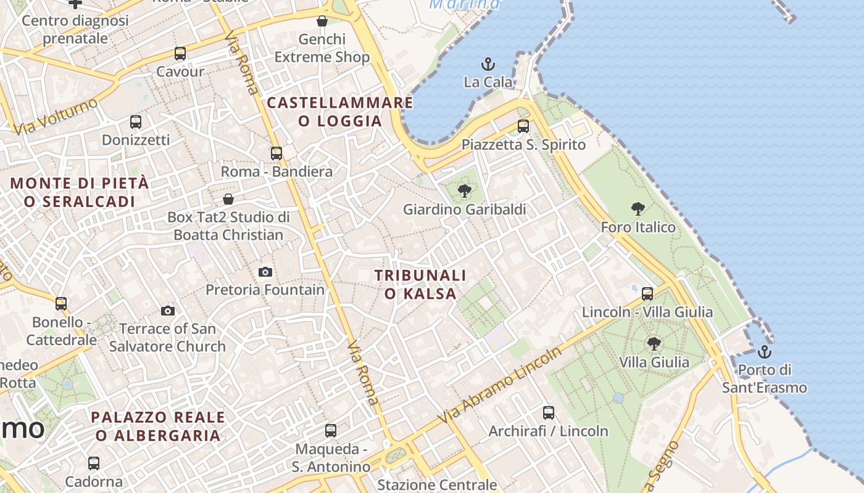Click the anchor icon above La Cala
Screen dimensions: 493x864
point(488,64)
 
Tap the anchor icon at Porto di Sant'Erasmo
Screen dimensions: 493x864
point(765,352)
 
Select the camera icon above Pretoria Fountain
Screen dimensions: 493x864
point(265,272)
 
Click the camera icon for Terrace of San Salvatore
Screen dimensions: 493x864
point(168,311)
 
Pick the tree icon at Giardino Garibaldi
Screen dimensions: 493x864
point(465,191)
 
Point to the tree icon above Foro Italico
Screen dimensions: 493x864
point(638,209)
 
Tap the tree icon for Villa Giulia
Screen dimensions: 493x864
point(654,343)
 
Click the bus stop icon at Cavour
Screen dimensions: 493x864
point(180,54)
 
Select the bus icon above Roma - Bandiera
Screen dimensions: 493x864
point(276,153)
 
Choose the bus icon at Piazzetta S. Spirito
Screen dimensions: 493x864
point(523,126)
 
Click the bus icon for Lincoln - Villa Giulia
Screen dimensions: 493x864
point(647,293)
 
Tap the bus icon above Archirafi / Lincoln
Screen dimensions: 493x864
point(549,413)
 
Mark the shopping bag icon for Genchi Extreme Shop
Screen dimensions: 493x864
point(322,22)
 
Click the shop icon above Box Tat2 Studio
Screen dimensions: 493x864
point(228,199)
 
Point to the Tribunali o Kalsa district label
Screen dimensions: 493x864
point(420,284)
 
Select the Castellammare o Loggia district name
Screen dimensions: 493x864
point(340,112)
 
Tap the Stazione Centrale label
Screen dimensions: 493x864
point(437,485)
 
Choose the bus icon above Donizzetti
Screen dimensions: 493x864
point(136,122)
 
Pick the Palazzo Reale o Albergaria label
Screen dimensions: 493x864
point(158,426)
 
